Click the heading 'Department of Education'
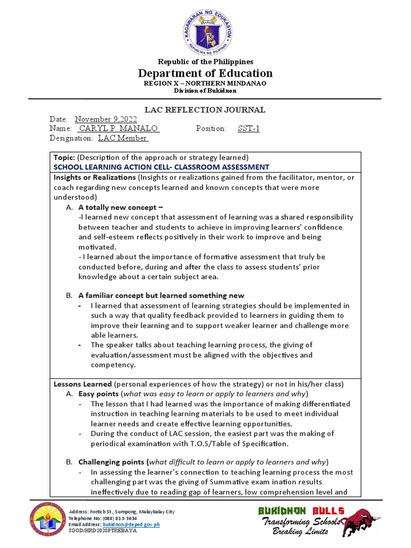point(205,73)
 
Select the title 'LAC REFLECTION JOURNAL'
point(205,110)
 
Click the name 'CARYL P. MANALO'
point(119,128)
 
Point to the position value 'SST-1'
point(248,128)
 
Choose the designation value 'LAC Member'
point(123,138)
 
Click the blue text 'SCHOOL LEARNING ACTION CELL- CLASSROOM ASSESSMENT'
point(161,167)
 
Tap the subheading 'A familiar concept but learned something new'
point(161,295)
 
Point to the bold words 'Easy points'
point(100,394)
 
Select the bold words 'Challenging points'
point(112,462)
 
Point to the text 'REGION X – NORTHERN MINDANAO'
point(205,83)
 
